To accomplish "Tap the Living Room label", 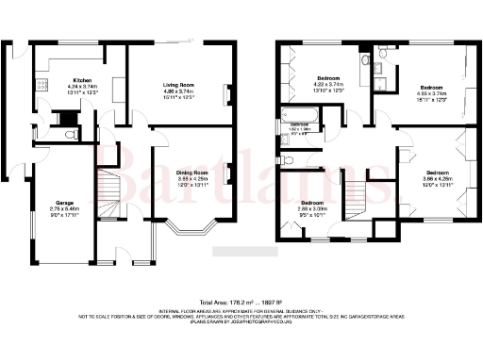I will [x=176, y=85].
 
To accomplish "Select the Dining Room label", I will [x=192, y=173].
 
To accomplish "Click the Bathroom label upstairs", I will [x=299, y=124].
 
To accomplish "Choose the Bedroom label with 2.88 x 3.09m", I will [x=313, y=203].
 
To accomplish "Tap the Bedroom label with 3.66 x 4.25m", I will [x=437, y=173].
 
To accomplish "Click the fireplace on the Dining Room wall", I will [x=231, y=174].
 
